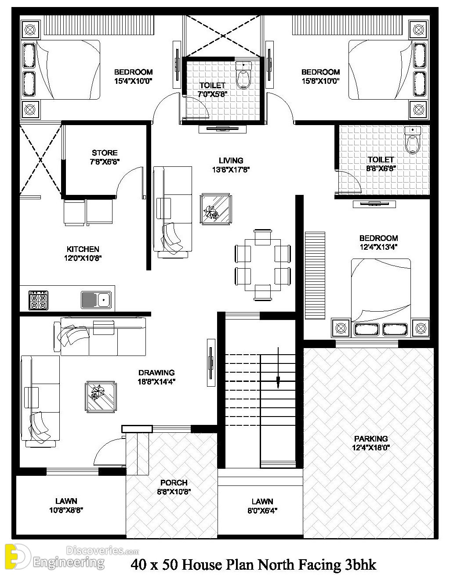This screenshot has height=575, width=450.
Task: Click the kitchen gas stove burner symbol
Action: tap(38, 300)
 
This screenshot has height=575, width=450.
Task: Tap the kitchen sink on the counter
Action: tap(96, 300)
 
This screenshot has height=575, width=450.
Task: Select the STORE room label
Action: tap(105, 153)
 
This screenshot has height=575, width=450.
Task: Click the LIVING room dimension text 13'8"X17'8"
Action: tap(231, 169)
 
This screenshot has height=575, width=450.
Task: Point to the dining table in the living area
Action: tap(262, 265)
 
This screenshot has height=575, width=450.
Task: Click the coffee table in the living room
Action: tap(215, 209)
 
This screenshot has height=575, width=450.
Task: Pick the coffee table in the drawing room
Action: tap(101, 397)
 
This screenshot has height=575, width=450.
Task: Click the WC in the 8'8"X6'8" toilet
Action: tap(412, 140)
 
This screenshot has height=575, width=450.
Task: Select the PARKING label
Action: tap(371, 438)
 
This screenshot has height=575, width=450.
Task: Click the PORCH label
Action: tap(174, 482)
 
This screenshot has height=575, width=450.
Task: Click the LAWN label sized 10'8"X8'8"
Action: tap(66, 501)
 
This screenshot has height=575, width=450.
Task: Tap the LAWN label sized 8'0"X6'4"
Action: tap(262, 501)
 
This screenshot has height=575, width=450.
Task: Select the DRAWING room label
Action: tap(156, 373)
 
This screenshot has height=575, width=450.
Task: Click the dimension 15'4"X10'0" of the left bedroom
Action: tap(134, 81)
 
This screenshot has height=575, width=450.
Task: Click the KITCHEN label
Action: tap(83, 249)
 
